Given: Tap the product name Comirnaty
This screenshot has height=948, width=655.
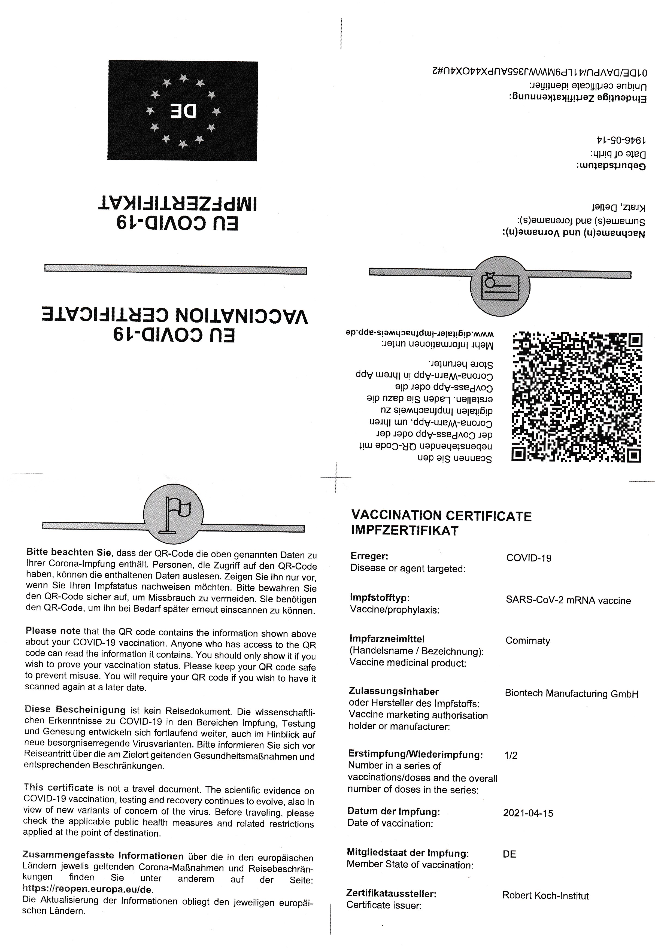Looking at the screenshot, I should pyautogui.click(x=527, y=641).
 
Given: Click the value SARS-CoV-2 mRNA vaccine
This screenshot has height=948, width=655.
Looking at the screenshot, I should pyautogui.click(x=568, y=601).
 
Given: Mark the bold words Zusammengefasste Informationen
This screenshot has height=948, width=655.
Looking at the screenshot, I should pyautogui.click(x=103, y=856).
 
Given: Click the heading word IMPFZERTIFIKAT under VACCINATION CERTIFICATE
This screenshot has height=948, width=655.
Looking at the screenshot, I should pyautogui.click(x=404, y=530).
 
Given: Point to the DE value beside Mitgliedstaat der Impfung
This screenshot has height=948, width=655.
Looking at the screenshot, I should pyautogui.click(x=509, y=854).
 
